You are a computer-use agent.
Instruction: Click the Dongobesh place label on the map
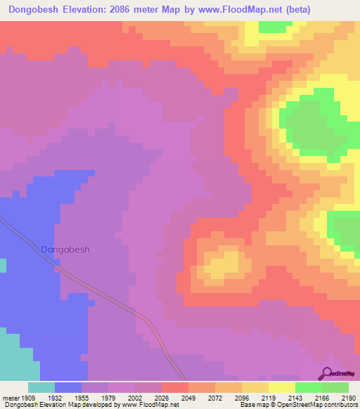(65, 249)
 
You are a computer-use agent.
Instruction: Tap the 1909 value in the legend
(27, 396)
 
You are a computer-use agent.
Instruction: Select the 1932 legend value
(54, 396)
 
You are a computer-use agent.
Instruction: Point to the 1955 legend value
(81, 396)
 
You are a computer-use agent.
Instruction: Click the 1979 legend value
(108, 396)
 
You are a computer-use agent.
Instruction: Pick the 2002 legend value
(134, 396)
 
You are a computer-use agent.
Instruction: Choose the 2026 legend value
(161, 396)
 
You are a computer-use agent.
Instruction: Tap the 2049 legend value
(188, 396)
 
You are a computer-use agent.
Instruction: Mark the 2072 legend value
(214, 396)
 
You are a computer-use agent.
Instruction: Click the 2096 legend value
(241, 396)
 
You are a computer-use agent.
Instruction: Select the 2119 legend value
(268, 396)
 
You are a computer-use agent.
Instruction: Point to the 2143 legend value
(295, 396)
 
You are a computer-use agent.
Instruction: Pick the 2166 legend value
(321, 396)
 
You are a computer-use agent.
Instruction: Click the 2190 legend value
(347, 396)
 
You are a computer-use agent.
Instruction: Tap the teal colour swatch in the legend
(41, 387)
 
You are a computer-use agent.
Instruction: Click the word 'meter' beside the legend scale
(10, 396)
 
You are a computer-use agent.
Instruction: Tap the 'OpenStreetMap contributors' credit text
(321, 404)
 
